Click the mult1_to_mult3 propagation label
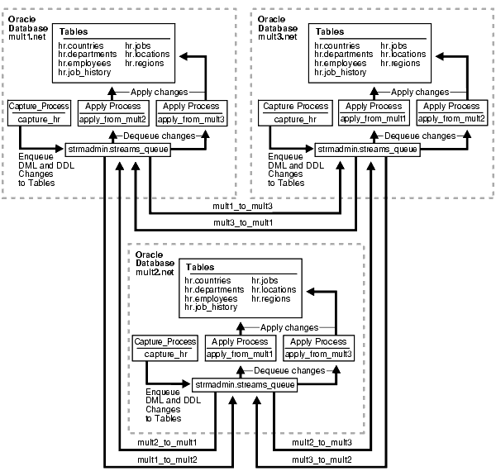click(242, 207)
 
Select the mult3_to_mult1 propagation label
click(243, 222)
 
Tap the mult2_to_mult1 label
click(167, 442)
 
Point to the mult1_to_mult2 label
click(167, 459)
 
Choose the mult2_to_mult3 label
click(322, 442)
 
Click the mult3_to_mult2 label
click(322, 459)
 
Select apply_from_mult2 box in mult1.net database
click(113, 113)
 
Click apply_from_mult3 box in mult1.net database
click(192, 113)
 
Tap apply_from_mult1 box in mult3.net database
click(374, 112)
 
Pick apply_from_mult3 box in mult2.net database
click(318, 348)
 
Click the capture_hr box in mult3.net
click(295, 113)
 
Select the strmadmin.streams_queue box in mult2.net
click(245, 385)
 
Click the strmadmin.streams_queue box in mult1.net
click(117, 150)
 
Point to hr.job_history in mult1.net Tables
click(84, 73)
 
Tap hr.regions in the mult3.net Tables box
click(400, 64)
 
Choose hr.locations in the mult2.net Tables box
click(274, 289)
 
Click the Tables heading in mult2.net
click(200, 267)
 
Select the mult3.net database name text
click(278, 37)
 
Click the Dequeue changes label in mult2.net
click(289, 371)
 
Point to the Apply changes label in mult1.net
click(159, 92)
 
